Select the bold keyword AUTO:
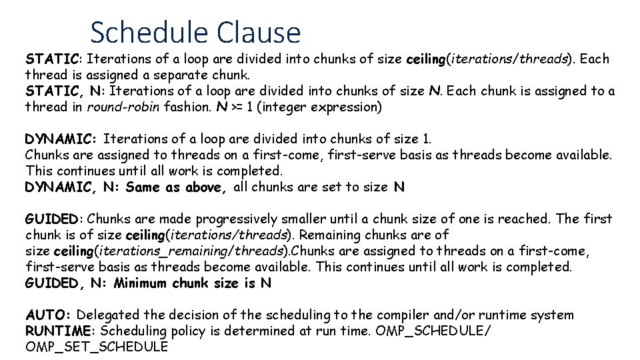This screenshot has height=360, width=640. point(51,315)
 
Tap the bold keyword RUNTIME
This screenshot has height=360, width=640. point(57,331)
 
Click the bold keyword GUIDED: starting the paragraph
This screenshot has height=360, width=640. point(54,219)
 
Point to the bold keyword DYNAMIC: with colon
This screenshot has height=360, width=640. point(61,139)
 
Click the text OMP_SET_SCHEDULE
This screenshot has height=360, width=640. point(97,347)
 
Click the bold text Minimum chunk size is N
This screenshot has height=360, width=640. point(193,283)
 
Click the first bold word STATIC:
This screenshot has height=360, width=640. point(53,59)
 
